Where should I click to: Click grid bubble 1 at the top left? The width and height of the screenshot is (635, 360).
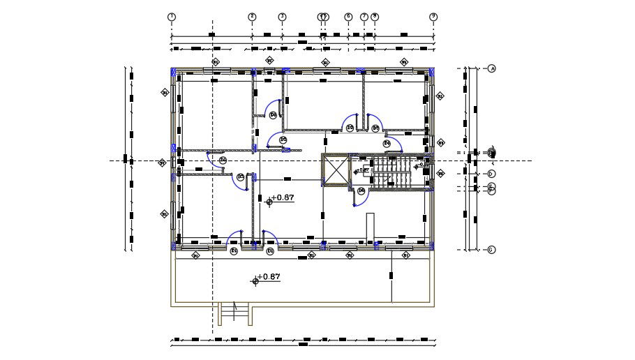172,16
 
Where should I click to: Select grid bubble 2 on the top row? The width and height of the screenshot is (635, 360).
253,16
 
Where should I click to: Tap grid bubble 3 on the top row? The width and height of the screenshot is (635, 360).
282,16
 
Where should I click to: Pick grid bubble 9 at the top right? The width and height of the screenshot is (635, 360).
433,16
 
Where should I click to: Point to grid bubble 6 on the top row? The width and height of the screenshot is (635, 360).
348,16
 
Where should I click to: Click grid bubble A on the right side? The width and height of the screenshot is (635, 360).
491,68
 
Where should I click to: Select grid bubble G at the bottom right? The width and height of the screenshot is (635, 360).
491,250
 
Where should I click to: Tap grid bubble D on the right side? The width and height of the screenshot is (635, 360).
491,174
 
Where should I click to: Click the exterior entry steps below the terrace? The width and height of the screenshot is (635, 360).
235,315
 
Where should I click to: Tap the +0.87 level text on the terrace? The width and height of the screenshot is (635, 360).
269,277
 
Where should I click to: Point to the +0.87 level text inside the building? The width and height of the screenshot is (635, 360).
283,198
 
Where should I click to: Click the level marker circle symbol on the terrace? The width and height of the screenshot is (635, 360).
255,280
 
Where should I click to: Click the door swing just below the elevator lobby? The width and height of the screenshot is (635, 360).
361,199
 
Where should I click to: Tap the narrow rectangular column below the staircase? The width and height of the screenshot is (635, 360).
372,227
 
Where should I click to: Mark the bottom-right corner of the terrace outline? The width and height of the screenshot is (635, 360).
433,306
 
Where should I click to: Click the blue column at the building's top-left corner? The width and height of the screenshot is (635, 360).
174,70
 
